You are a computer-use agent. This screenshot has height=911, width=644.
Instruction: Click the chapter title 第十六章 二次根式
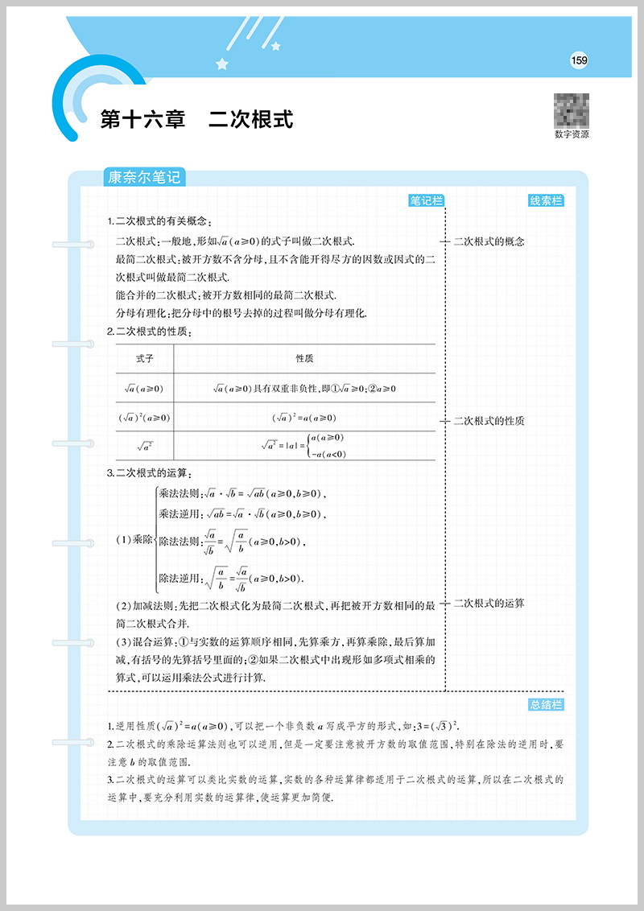(196, 120)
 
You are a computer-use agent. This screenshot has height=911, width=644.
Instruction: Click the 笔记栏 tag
(427, 201)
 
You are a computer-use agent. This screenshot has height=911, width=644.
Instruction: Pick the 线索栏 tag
(547, 201)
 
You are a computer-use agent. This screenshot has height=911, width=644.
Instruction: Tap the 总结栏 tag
(547, 705)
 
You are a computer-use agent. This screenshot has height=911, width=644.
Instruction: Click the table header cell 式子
(145, 358)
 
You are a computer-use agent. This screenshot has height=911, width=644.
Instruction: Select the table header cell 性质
(304, 358)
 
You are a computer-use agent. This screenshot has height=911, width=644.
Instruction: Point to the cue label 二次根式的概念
(489, 241)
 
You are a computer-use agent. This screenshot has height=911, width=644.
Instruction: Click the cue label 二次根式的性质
(489, 421)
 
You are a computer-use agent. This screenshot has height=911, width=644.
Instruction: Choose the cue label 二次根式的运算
(489, 603)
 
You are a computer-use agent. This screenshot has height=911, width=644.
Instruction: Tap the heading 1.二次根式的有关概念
(162, 222)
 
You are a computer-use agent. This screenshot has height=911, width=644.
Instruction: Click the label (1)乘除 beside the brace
(134, 538)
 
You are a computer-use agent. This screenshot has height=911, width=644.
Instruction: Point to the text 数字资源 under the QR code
(572, 135)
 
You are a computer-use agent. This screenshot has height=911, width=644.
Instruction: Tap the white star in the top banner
(222, 63)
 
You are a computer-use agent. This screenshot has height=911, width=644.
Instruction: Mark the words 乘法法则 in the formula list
(178, 494)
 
